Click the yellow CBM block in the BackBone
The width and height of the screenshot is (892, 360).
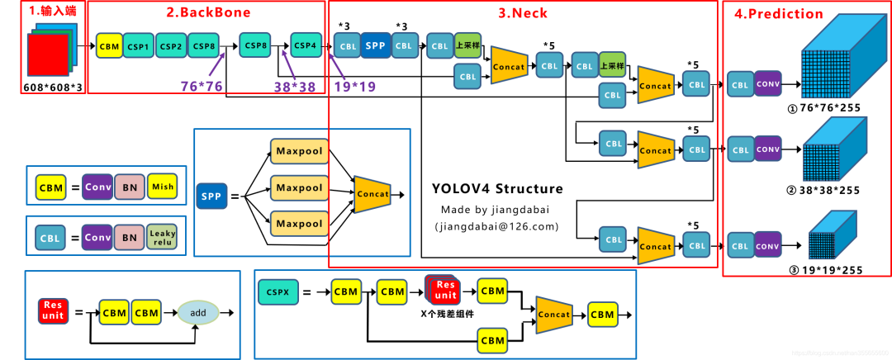pos(108,46)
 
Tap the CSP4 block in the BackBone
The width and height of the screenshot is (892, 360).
pos(305,45)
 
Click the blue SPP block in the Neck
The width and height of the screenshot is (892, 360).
pos(376,45)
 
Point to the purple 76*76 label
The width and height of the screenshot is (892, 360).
pos(202,85)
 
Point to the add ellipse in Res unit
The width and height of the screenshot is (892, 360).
pos(197,313)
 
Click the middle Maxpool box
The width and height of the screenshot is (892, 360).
pos(299,187)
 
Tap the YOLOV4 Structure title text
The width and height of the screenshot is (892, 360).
pos(497,189)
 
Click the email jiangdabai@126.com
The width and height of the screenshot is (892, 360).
pos(496,225)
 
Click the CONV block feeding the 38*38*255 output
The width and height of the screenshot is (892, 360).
pos(767,149)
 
